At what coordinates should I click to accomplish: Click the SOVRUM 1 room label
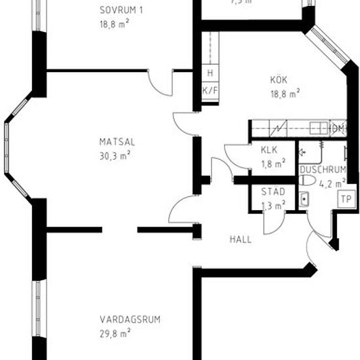(121, 9)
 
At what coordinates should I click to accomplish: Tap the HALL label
(240, 240)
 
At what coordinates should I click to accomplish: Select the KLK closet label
(268, 150)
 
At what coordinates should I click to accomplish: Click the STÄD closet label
(273, 192)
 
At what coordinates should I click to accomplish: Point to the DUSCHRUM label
(322, 170)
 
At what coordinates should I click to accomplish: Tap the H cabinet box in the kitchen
(210, 73)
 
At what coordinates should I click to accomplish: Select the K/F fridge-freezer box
(210, 90)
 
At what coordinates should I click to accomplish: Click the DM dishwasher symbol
(337, 128)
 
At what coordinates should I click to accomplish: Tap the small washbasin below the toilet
(304, 199)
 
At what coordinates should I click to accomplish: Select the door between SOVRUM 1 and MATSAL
(160, 82)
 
